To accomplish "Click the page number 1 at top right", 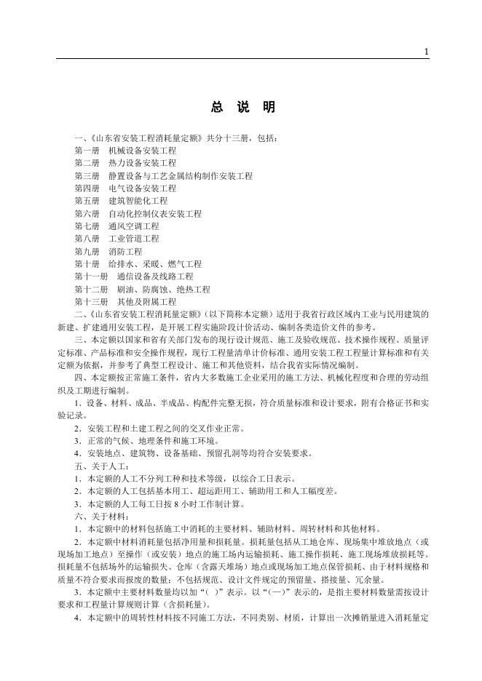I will pyautogui.click(x=426, y=52).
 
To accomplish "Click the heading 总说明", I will pyautogui.click(x=243, y=108).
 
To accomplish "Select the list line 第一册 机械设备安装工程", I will pyautogui.click(x=125, y=151).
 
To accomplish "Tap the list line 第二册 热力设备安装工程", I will pyautogui.click(x=125, y=163).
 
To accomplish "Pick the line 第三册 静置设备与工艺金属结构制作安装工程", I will pyautogui.click(x=163, y=176).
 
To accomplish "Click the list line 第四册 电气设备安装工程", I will pyautogui.click(x=125, y=188).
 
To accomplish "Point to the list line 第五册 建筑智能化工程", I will pyautogui.click(x=120, y=201).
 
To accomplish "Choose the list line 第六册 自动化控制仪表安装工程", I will pyautogui.click(x=138, y=214).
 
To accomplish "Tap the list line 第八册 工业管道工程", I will pyautogui.click(x=116, y=239).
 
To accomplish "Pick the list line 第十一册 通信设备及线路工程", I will pyautogui.click(x=133, y=276).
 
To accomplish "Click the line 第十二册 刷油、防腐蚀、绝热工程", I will pyautogui.click(x=142, y=289).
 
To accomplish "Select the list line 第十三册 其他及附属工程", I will pyautogui.click(x=125, y=301).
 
